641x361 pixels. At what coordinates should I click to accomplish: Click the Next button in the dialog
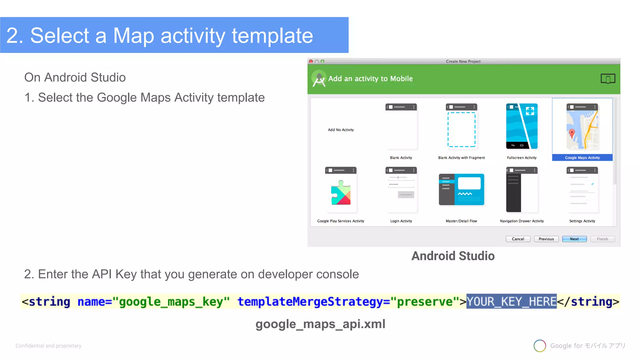pyautogui.click(x=574, y=239)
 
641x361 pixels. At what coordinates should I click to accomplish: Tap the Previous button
pyautogui.click(x=546, y=239)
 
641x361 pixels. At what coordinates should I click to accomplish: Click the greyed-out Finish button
pyautogui.click(x=602, y=239)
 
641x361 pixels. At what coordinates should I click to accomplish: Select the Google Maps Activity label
pyautogui.click(x=582, y=158)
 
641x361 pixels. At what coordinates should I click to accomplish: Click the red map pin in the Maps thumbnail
pyautogui.click(x=572, y=133)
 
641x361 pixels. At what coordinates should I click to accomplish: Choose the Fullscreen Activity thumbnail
pyautogui.click(x=522, y=126)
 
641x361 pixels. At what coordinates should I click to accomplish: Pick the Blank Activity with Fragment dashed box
pyautogui.click(x=461, y=129)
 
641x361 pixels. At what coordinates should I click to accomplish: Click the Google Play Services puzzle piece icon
pyautogui.click(x=341, y=193)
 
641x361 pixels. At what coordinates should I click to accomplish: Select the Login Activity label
pyautogui.click(x=401, y=221)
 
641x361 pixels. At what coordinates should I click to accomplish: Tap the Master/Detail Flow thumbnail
pyautogui.click(x=461, y=190)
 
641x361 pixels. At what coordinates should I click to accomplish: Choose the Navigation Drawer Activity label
pyautogui.click(x=522, y=221)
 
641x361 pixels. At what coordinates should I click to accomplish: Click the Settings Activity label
pyautogui.click(x=582, y=221)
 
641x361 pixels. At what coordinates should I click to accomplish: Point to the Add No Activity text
pyautogui.click(x=341, y=130)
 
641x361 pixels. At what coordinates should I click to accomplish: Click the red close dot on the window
pyautogui.click(x=311, y=61)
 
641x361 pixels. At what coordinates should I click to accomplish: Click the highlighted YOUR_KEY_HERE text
pyautogui.click(x=511, y=301)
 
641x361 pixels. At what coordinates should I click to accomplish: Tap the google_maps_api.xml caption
pyautogui.click(x=320, y=324)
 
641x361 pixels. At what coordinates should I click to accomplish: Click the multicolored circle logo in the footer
pyautogui.click(x=540, y=346)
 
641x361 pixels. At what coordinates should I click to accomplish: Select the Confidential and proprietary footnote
pyautogui.click(x=49, y=346)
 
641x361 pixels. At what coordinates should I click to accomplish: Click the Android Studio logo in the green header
pyautogui.click(x=319, y=79)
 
